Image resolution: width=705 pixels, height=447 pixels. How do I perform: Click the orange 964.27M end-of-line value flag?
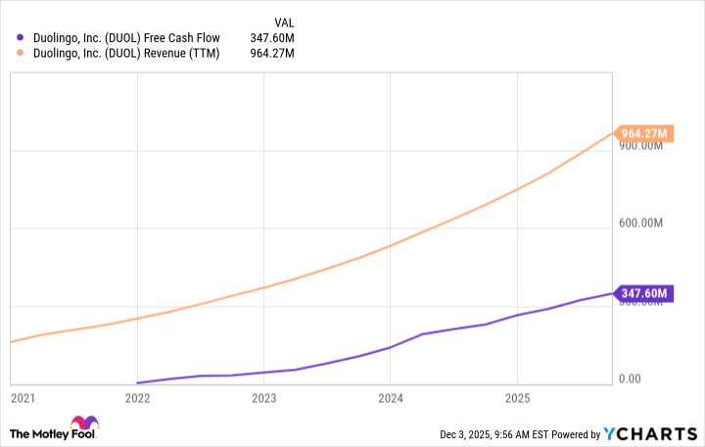tap(643, 133)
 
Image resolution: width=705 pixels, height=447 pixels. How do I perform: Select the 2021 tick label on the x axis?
tap(22, 399)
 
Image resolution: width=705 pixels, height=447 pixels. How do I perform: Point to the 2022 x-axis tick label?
tap(137, 399)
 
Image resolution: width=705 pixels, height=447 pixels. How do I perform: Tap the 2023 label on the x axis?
tap(263, 399)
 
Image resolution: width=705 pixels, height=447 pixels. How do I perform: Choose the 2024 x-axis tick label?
tap(390, 399)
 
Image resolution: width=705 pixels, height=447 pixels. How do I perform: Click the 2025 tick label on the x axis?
tap(516, 399)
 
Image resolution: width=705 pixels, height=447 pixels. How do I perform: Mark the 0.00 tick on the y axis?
tap(634, 379)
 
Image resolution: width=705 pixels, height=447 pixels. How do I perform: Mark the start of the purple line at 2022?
tap(138, 383)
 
